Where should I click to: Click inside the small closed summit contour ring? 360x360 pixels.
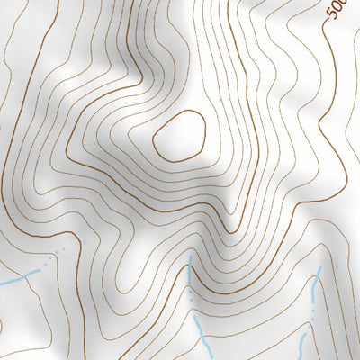coord(180,137)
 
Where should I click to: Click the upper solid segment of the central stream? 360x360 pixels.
coord(191,270)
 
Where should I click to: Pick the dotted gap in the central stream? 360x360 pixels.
coord(192,301)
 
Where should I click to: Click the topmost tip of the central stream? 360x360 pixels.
coord(190,256)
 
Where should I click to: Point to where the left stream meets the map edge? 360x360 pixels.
coord(1,283)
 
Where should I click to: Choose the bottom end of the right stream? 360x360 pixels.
coord(307,359)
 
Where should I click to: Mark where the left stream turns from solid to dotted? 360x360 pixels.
coord(40,267)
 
